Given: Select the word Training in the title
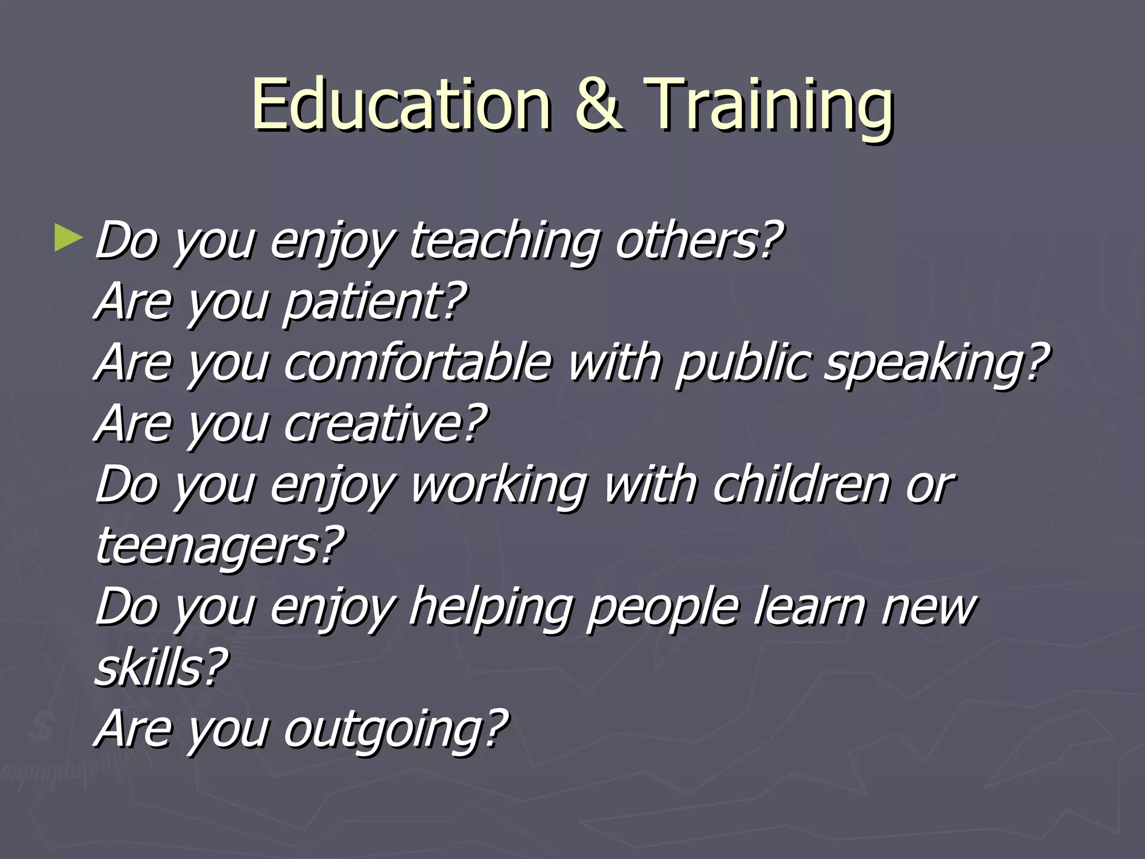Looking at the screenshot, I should (x=769, y=106).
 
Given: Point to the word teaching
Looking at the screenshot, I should (x=504, y=242).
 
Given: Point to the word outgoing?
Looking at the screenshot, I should (x=396, y=729).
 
